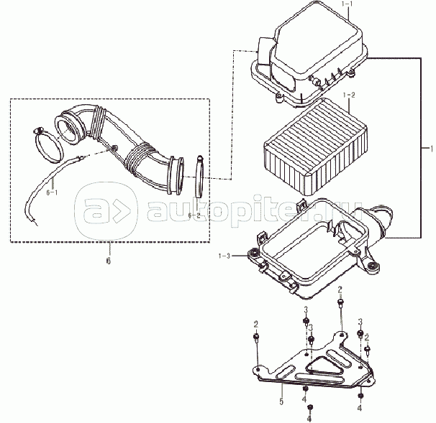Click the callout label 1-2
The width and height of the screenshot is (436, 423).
point(349,95)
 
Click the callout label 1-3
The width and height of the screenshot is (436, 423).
point(224,256)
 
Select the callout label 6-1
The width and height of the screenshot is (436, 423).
point(52,192)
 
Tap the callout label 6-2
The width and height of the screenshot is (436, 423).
point(194,215)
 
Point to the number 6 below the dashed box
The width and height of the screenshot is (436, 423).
point(109,261)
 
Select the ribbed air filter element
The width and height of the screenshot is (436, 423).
point(315,147)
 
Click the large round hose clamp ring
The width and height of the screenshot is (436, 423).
point(47,145)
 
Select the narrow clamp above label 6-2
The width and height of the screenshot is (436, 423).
point(200,177)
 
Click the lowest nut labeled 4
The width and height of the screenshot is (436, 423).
point(309,407)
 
